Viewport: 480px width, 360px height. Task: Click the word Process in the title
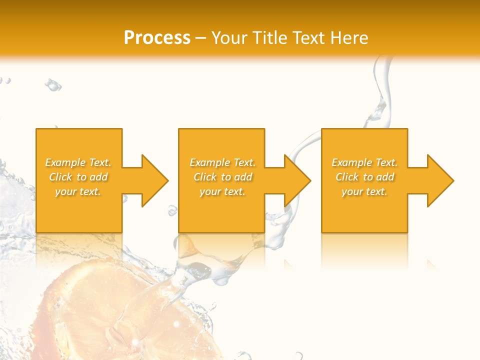point(157,38)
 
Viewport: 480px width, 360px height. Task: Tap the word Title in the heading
point(270,38)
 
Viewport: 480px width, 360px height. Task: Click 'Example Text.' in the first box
point(78,162)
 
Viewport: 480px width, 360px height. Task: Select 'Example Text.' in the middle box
point(222,162)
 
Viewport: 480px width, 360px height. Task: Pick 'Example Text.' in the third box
point(364,162)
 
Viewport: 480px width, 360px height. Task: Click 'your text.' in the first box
point(78,191)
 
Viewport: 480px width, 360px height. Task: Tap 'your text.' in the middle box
point(222,191)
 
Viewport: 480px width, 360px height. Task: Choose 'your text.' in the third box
point(364,191)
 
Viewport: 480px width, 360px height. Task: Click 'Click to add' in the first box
point(78,177)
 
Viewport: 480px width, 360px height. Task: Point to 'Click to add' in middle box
point(222,177)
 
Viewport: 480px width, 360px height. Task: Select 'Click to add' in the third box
point(364,177)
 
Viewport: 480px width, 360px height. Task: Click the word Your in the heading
point(230,38)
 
